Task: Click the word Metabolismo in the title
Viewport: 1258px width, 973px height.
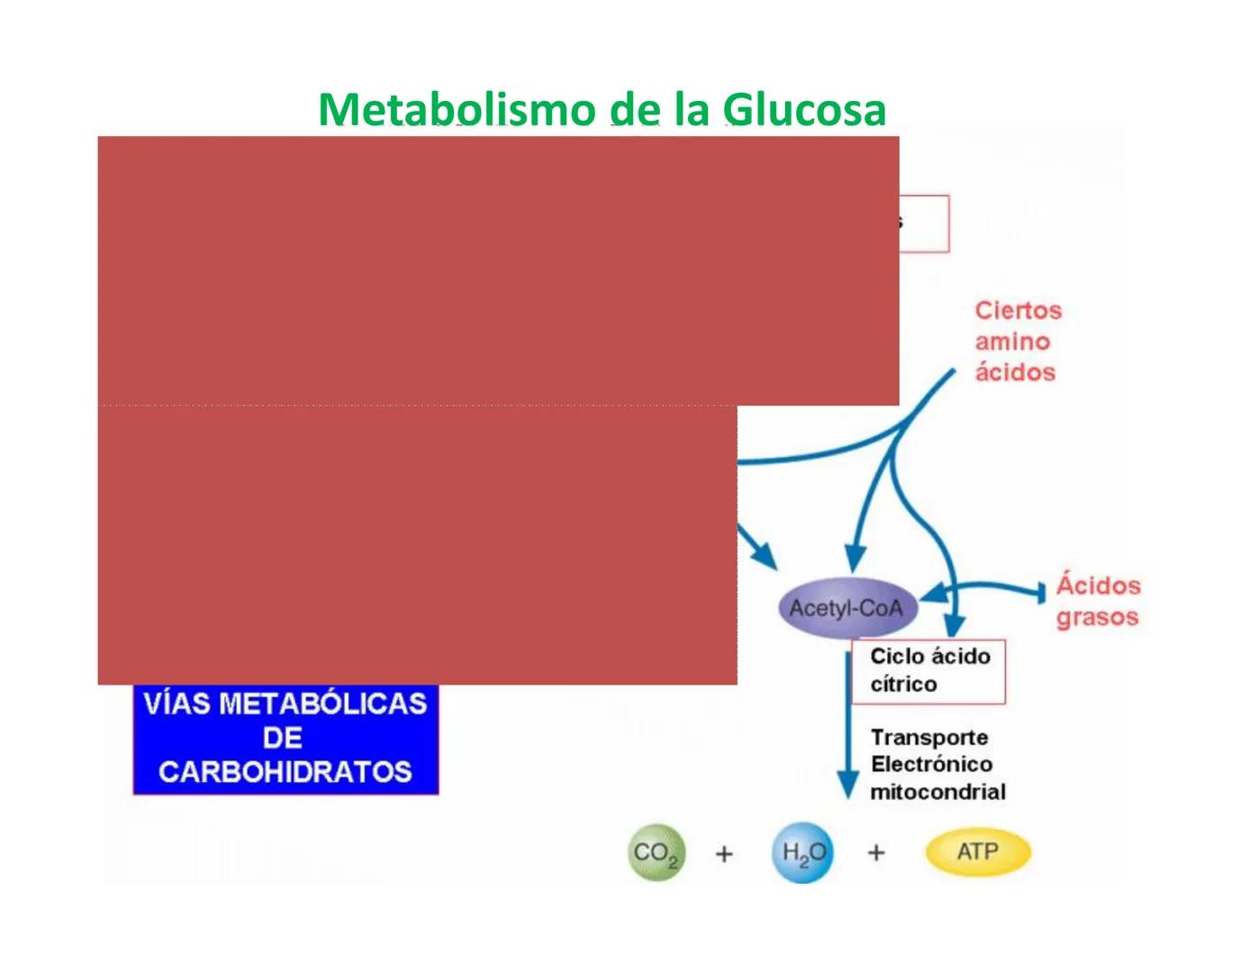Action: click(457, 110)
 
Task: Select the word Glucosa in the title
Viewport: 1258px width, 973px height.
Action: click(804, 110)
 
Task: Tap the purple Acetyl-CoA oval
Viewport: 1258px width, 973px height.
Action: click(846, 608)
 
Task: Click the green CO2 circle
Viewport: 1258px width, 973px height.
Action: click(656, 852)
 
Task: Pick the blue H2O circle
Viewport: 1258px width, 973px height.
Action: click(802, 852)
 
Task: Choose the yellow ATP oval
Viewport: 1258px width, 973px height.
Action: click(977, 852)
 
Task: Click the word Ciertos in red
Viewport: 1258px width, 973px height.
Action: click(1018, 311)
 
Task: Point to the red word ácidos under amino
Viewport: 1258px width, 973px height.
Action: click(1015, 372)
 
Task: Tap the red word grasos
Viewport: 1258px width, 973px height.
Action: click(1097, 618)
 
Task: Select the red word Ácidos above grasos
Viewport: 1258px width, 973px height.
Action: click(1098, 586)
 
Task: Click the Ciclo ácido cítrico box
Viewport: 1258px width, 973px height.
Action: click(928, 671)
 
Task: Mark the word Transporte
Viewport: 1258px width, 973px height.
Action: click(929, 738)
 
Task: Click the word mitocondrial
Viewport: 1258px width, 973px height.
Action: click(937, 792)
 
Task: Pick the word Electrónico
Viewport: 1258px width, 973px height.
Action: click(931, 765)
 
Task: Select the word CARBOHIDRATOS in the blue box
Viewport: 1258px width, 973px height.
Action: click(285, 772)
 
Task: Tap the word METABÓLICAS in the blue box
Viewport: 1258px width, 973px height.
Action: click(322, 704)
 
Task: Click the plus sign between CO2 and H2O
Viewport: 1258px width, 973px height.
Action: click(724, 853)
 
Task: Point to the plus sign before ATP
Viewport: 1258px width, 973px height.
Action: click(876, 852)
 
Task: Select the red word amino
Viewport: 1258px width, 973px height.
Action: click(1012, 341)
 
